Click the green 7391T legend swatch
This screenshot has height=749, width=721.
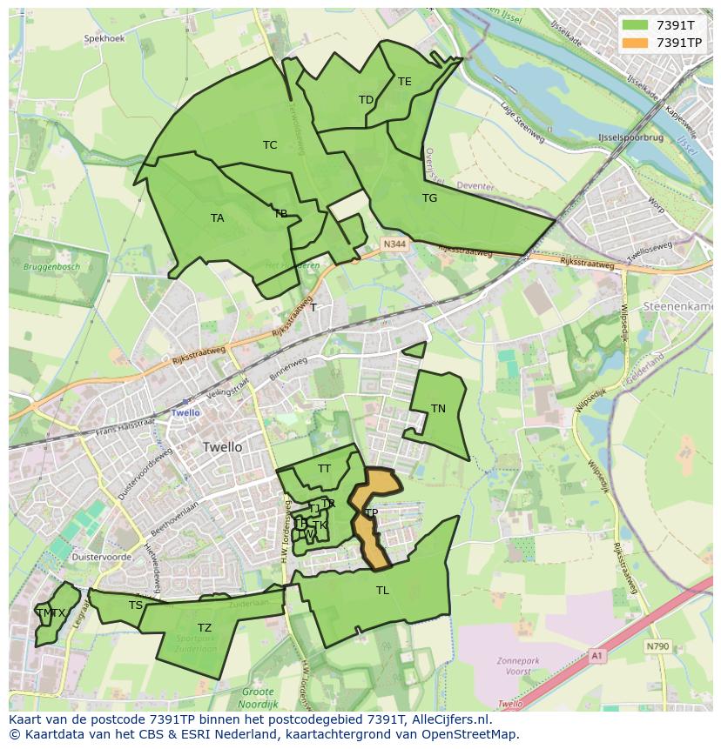636,25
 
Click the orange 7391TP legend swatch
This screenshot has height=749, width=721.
636,42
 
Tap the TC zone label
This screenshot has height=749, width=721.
270,145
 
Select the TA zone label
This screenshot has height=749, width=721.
217,218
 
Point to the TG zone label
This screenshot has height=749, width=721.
429,198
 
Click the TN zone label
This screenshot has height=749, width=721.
438,409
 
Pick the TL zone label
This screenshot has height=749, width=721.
382,591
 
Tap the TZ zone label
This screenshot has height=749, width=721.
204,628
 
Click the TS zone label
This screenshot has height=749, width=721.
135,605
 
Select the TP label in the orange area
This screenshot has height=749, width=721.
371,513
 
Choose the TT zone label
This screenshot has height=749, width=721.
324,469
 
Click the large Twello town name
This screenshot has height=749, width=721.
222,447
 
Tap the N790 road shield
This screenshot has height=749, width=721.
657,646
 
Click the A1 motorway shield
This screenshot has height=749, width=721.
596,655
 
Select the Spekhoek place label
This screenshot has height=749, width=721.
104,39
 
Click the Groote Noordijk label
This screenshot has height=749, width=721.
259,699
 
